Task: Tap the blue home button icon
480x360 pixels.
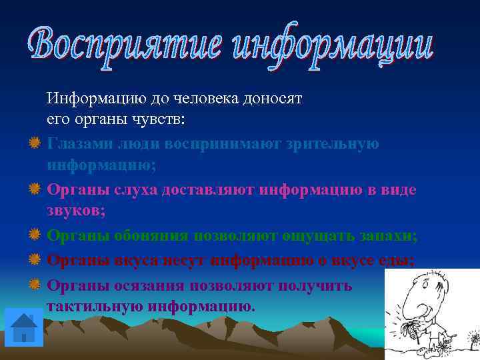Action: (24, 327)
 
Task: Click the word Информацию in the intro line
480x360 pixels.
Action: (89, 99)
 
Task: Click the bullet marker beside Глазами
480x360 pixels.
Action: (34, 143)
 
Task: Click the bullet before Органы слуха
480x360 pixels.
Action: (34, 190)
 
